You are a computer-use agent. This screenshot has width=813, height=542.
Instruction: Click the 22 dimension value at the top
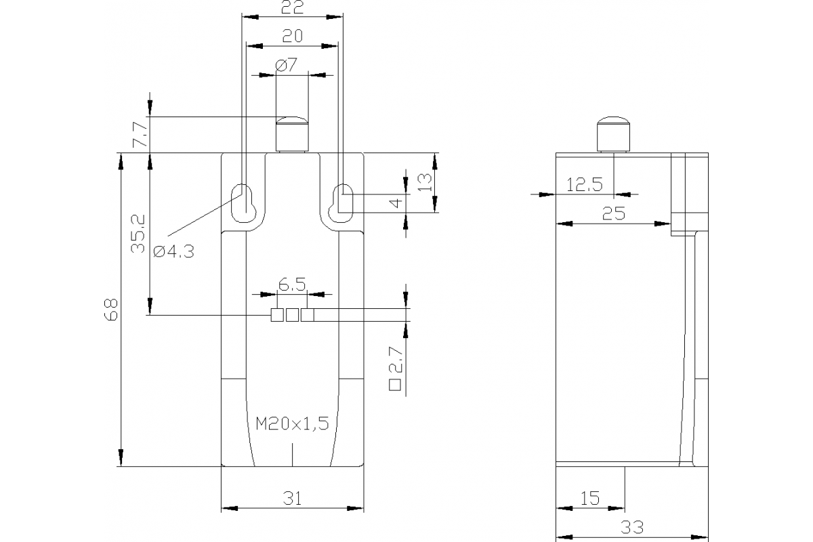(x=292, y=7)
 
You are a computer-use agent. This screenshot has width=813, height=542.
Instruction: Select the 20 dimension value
(x=292, y=36)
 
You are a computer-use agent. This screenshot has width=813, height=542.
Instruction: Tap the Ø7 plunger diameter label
(x=287, y=65)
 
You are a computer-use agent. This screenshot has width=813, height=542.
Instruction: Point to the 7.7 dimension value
(x=140, y=134)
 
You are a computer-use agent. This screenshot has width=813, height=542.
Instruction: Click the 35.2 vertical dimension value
(x=138, y=234)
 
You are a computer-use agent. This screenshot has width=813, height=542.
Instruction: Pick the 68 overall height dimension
(x=111, y=310)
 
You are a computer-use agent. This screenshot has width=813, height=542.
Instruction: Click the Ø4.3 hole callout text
(x=174, y=251)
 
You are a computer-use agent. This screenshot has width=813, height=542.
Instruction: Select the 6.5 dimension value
(x=292, y=285)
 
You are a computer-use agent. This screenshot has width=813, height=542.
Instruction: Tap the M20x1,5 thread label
(x=292, y=423)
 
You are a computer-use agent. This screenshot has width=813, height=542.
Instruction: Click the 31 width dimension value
(x=292, y=499)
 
